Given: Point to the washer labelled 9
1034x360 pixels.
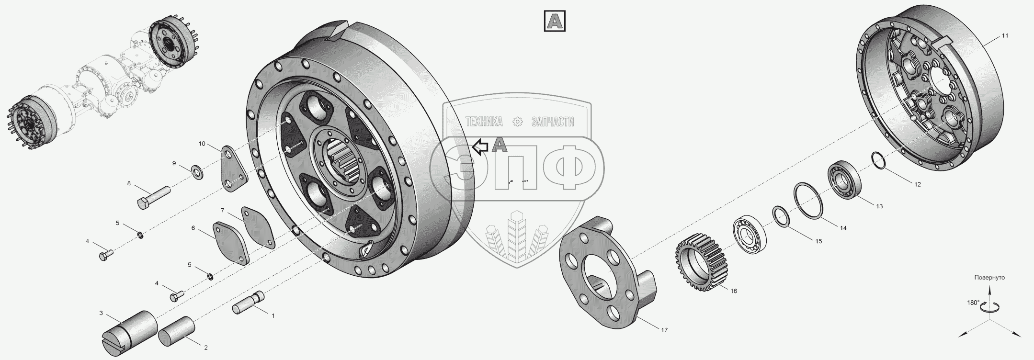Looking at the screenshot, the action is pyautogui.click(x=197, y=171).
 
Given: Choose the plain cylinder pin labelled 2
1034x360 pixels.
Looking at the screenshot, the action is pyautogui.click(x=176, y=330).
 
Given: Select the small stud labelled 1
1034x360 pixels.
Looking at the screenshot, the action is pyautogui.click(x=249, y=303).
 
